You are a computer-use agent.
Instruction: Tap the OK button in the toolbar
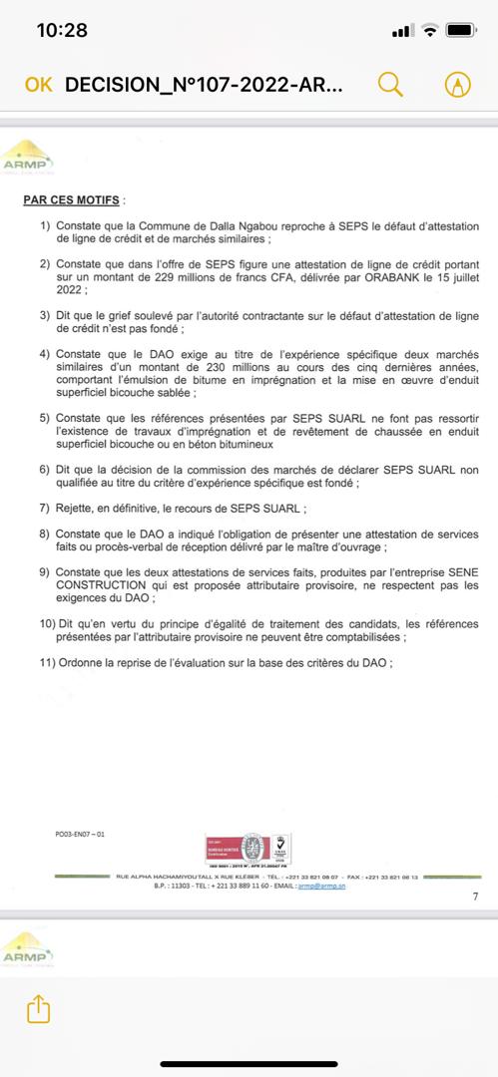tap(38, 85)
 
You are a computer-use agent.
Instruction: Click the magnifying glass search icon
tap(389, 85)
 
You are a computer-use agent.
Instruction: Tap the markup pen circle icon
tap(457, 85)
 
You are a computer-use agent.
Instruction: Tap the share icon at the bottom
tap(38, 1008)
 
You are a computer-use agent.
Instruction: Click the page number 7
tap(475, 897)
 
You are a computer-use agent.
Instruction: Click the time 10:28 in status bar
tap(62, 30)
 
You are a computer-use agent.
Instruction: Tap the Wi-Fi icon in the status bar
tap(430, 30)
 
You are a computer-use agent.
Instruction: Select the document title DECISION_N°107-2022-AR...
tap(205, 85)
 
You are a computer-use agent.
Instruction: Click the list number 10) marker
tap(47, 623)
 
